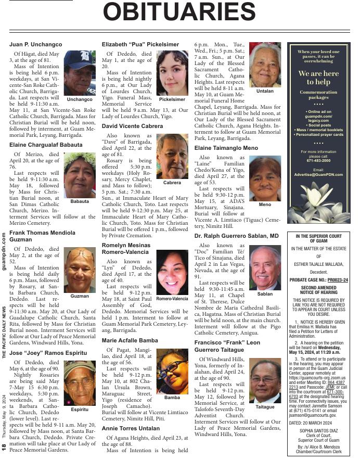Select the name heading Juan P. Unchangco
coord(35,45)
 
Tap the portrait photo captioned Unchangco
coord(80,72)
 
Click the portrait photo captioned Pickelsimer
coord(172,72)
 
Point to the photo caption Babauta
coord(80,200)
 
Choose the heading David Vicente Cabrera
coord(132,126)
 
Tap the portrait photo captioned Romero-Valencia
coord(172,273)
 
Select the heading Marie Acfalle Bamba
coord(130,340)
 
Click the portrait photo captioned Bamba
coord(172,371)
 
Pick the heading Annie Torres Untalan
coord(131,428)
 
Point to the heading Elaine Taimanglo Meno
coord(226,148)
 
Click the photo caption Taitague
coord(265,407)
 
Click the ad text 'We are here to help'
coord(318,78)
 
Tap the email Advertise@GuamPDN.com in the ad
coord(318,175)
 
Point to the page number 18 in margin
coord(4,446)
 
